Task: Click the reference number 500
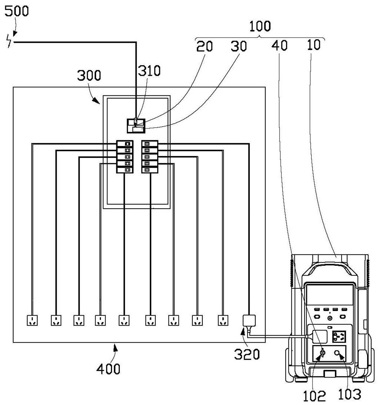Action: pyautogui.click(x=17, y=11)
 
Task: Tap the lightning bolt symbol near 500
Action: pyautogui.click(x=9, y=41)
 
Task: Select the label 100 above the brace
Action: pyautogui.click(x=260, y=26)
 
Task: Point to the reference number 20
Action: pyautogui.click(x=204, y=46)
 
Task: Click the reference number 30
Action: pyautogui.click(x=239, y=46)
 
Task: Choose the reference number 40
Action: pyautogui.click(x=279, y=45)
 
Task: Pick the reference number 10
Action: pyautogui.click(x=314, y=45)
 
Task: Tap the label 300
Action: pyautogui.click(x=89, y=75)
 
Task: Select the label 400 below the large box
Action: pyautogui.click(x=108, y=369)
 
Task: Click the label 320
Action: pyautogui.click(x=247, y=354)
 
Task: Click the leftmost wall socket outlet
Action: pyautogui.click(x=32, y=321)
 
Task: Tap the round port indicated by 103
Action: pyautogui.click(x=337, y=353)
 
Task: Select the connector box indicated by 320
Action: pyautogui.click(x=249, y=321)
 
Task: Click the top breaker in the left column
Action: pyautogui.click(x=125, y=144)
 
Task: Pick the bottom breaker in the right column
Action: pyautogui.click(x=149, y=170)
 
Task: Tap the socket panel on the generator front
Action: pyautogui.click(x=338, y=337)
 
